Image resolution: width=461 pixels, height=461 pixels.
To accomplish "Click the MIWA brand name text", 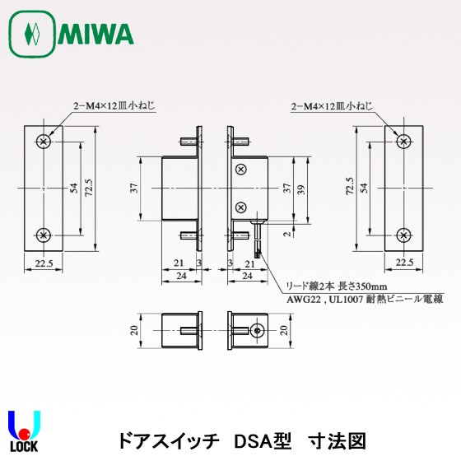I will (97, 35).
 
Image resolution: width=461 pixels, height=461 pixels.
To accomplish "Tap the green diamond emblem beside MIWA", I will (32, 35).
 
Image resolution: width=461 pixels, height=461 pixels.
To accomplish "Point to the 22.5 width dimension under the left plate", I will (44, 263).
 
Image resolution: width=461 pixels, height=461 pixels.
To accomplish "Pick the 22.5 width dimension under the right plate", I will (403, 263).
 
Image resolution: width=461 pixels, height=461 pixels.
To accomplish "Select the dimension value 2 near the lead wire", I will (286, 235).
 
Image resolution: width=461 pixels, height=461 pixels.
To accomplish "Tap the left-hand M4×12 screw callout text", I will (114, 106).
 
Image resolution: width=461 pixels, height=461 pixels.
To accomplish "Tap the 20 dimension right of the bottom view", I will (286, 330).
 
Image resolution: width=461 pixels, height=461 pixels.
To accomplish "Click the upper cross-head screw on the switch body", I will (240, 170).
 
